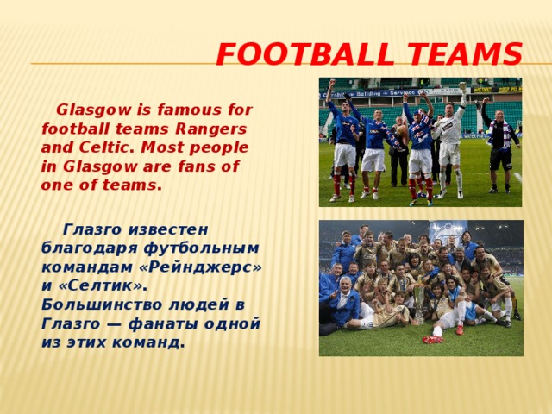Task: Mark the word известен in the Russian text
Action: tap(167, 229)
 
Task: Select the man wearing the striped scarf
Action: tap(500, 142)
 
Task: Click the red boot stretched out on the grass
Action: tap(432, 339)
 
